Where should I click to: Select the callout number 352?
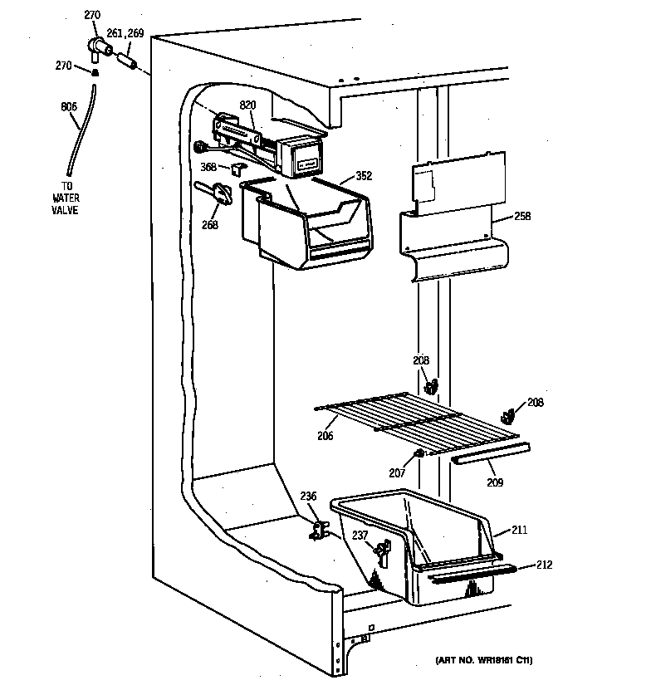click(364, 175)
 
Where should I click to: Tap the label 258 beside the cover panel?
click(521, 217)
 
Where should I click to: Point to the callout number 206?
click(325, 434)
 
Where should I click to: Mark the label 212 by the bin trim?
click(543, 565)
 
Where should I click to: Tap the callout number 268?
click(209, 223)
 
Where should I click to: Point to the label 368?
click(208, 167)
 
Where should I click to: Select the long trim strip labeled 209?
click(490, 453)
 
